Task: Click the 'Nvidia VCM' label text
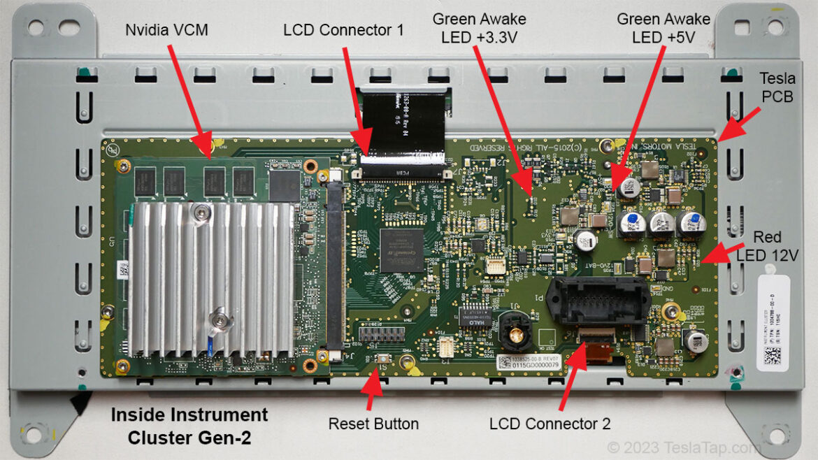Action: (x=166, y=31)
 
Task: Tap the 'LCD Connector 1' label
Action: (x=343, y=31)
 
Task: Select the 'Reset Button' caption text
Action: (x=373, y=424)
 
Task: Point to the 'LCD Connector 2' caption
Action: (x=550, y=424)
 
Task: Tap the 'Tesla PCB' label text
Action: (x=777, y=88)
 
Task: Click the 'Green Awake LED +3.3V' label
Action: (x=480, y=28)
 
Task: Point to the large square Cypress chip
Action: (x=402, y=250)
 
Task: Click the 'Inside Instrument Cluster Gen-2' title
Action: (x=189, y=425)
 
